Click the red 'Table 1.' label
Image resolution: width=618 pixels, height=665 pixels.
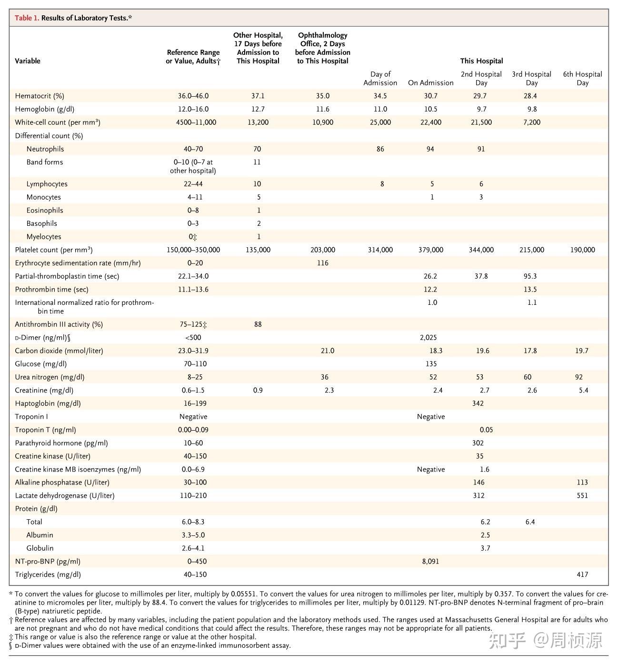point(27,18)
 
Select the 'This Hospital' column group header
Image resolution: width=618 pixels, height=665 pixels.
point(481,60)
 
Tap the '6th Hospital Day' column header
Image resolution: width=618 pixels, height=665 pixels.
point(582,78)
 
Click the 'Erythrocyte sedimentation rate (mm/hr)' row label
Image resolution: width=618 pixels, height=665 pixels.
point(78,263)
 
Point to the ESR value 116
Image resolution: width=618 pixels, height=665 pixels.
point(322,263)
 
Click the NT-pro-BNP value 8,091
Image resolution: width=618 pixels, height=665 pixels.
point(430,561)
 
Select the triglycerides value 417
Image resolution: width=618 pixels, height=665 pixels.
point(582,574)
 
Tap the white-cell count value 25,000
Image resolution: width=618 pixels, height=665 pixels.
point(380,122)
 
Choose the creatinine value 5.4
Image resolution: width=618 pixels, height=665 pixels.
point(583,390)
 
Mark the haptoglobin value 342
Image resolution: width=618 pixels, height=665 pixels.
point(478,403)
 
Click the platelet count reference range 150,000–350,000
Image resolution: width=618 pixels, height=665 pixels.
point(193,250)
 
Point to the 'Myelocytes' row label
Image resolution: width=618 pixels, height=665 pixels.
point(44,237)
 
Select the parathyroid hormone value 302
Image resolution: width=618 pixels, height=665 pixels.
point(478,443)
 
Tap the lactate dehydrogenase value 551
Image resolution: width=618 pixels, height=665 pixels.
point(582,495)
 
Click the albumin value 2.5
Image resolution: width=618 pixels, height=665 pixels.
point(485,535)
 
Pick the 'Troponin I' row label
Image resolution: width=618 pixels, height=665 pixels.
point(31,416)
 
